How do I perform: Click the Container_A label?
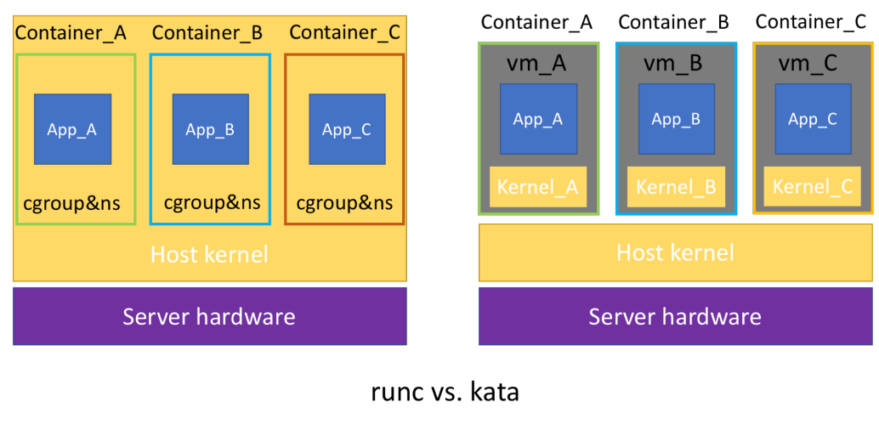71,33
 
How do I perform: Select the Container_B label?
207,33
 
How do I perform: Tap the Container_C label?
344,33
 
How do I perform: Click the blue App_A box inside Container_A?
72,129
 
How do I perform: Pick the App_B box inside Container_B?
210,129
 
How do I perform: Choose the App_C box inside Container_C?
347,129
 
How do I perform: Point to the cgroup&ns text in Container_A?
72,204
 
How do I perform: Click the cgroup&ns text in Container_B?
212,204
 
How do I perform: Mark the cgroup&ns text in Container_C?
344,204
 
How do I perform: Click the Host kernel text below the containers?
209,253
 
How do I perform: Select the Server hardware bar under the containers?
209,317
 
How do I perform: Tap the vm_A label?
536,63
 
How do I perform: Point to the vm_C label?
808,63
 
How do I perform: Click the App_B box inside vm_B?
676,119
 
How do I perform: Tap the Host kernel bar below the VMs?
675,252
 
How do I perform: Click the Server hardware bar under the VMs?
675,317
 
